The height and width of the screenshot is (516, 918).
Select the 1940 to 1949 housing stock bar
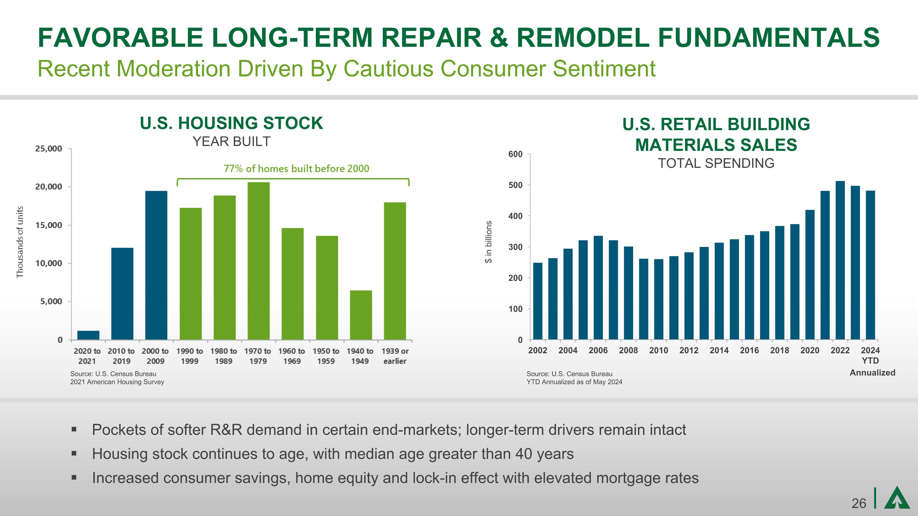(x=361, y=315)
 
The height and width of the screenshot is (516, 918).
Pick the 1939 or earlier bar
(x=395, y=271)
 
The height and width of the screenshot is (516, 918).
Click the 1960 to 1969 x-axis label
(x=292, y=356)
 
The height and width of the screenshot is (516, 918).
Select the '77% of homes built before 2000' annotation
(x=296, y=169)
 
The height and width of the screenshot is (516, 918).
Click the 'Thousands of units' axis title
(x=20, y=242)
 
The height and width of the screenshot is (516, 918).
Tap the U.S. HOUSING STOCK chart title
(x=231, y=123)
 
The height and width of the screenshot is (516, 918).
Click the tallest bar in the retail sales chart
(x=840, y=260)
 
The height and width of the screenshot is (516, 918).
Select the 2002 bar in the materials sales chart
(x=537, y=301)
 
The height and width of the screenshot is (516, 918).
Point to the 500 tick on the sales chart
(x=515, y=185)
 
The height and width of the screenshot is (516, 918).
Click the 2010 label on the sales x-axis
(x=658, y=351)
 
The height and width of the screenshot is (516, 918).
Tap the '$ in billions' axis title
(x=489, y=242)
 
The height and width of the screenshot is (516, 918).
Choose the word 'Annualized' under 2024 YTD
(x=872, y=373)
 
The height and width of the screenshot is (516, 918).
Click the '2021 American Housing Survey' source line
(x=117, y=382)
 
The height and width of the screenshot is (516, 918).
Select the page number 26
(x=859, y=503)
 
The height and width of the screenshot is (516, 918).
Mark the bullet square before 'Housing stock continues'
(x=74, y=453)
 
